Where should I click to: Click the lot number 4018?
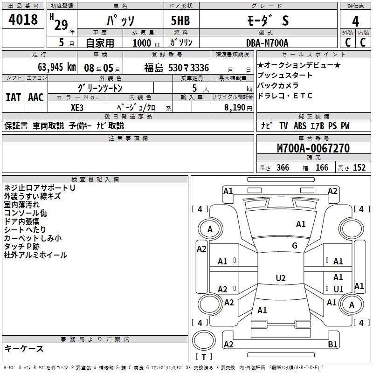[x=23, y=20]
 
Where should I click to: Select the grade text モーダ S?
[x=267, y=21]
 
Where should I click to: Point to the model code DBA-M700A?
[x=267, y=43]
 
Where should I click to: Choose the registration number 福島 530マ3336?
[x=176, y=68]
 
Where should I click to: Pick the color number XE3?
[x=77, y=107]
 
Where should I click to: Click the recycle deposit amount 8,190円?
[x=238, y=107]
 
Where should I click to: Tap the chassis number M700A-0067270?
[x=313, y=148]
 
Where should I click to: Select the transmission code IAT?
[x=13, y=97]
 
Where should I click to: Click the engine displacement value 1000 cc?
[x=146, y=43]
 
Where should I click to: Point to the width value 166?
[x=322, y=168]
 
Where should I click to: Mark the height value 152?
[x=359, y=168]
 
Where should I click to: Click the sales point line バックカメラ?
[x=279, y=86]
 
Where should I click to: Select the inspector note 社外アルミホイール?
[x=35, y=255]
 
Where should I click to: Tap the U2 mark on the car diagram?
[x=280, y=278]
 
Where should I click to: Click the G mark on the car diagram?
[x=294, y=246]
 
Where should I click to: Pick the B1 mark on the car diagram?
[x=333, y=345]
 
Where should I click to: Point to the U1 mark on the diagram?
[x=338, y=290]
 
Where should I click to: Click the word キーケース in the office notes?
[x=24, y=349]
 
